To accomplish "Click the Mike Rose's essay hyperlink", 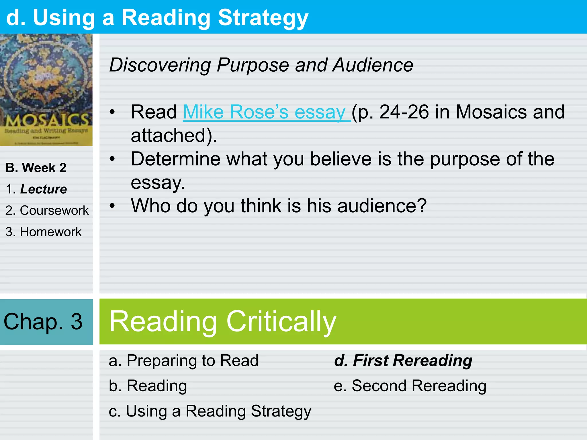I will click(267, 112).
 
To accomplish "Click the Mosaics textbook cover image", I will click(46, 90).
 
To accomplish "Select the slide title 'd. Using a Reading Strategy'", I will click(157, 18).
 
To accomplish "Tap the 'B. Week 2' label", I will click(36, 168).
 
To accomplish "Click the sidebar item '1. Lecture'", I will click(36, 189).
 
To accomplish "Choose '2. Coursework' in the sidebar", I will click(47, 211).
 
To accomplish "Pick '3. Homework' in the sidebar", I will click(44, 232).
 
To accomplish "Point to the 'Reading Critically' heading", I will click(223, 322).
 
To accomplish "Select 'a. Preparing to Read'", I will click(183, 360).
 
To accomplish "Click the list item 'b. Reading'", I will click(148, 386).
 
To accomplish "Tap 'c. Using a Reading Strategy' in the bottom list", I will click(210, 411).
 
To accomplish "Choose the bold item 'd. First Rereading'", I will click(403, 360).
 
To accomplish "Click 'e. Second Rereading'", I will click(410, 386).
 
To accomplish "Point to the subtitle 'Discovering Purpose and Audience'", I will click(261, 65).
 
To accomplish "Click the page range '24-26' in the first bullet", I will click(404, 112).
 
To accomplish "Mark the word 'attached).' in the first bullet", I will click(174, 135).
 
